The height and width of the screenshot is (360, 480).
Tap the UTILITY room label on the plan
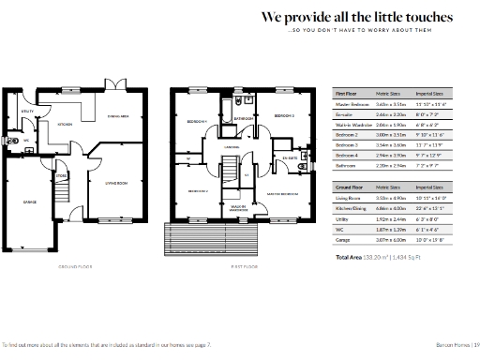28,112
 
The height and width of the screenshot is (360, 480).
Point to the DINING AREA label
119,115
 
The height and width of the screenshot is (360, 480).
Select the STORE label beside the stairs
60,175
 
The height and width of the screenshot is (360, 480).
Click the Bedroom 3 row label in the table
349,145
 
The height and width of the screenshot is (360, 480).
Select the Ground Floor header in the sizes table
352,187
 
